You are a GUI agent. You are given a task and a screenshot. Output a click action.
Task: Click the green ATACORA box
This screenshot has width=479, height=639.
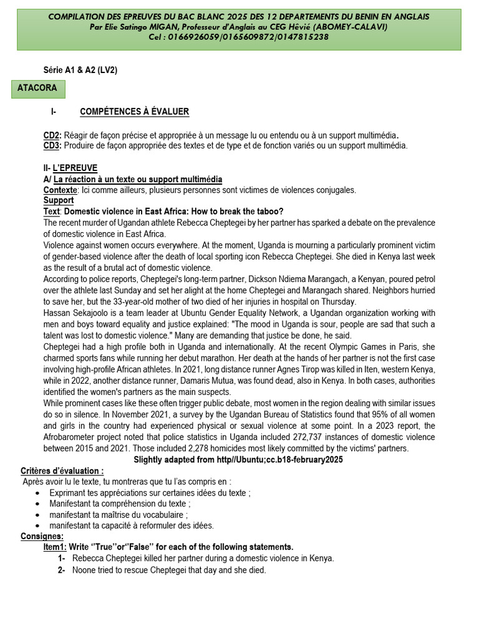(38, 89)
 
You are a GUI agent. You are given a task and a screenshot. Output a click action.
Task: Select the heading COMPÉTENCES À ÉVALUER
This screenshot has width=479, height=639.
(134, 112)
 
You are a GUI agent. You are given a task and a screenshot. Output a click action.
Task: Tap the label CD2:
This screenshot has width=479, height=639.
(52, 135)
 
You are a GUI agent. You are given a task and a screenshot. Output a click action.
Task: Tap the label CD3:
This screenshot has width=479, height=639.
(52, 145)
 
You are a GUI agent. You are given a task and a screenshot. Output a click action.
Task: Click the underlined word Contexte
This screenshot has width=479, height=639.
(60, 190)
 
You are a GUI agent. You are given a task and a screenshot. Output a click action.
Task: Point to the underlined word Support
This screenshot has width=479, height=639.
(59, 200)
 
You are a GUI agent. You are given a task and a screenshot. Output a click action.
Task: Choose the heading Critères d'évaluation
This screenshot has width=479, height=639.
(62, 471)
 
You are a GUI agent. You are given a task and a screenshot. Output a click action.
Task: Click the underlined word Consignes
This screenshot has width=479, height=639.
(42, 536)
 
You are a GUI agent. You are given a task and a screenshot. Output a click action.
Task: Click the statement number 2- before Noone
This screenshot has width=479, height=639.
(62, 570)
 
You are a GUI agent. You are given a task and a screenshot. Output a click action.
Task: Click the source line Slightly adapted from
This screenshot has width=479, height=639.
(238, 459)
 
